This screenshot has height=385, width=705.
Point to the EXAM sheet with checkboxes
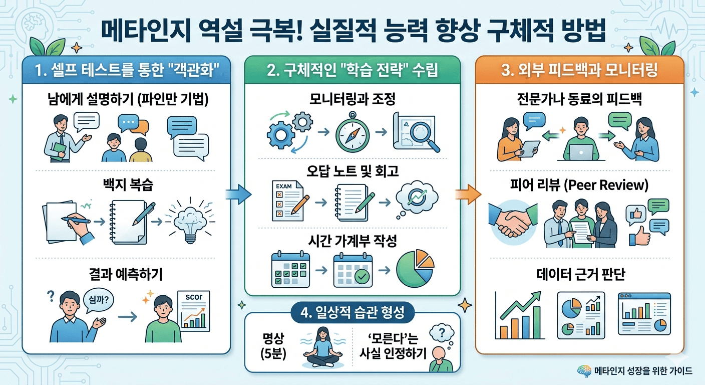(283, 201)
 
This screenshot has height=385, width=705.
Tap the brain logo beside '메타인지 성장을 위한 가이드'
(583, 371)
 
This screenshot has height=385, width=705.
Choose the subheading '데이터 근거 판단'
(579, 274)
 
